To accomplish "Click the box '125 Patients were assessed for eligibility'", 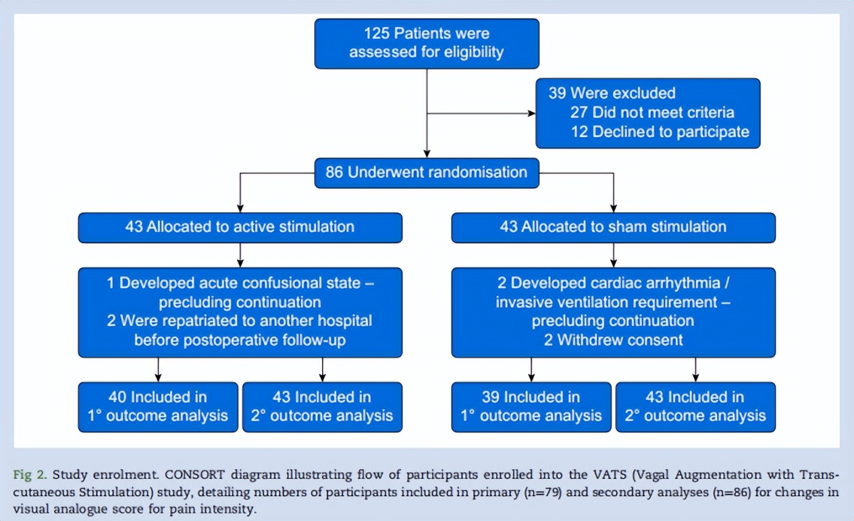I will pyautogui.click(x=426, y=43).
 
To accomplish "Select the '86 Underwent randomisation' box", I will pyautogui.click(x=426, y=172).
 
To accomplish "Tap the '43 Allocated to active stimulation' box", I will pyautogui.click(x=240, y=227).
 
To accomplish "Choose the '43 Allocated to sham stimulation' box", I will pyautogui.click(x=613, y=227).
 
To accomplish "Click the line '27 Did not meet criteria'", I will pyautogui.click(x=663, y=112).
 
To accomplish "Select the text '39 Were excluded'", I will pyautogui.click(x=611, y=93).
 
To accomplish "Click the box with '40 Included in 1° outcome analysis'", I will pyautogui.click(x=158, y=406).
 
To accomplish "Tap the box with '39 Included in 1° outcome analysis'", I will pyautogui.click(x=531, y=406).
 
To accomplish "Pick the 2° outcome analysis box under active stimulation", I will pyautogui.click(x=322, y=406).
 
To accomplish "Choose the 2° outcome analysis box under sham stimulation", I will pyautogui.click(x=695, y=406).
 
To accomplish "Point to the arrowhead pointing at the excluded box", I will pyautogui.click(x=531, y=114).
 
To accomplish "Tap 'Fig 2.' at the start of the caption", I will pyautogui.click(x=30, y=475).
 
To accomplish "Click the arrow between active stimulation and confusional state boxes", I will pyautogui.click(x=240, y=254).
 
